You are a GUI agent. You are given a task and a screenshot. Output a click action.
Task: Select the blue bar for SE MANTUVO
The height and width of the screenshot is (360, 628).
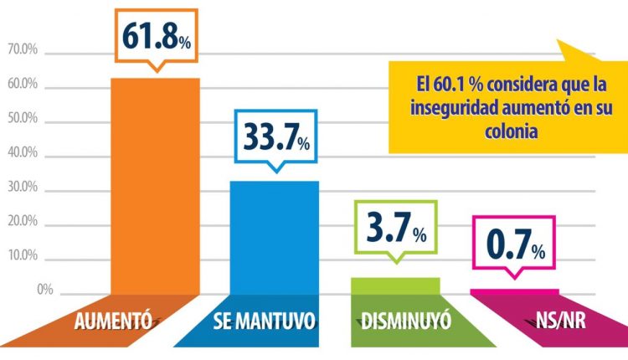pyautogui.click(x=275, y=239)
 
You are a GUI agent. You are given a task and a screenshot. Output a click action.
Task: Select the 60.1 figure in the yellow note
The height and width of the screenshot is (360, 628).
pyautogui.click(x=451, y=86)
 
